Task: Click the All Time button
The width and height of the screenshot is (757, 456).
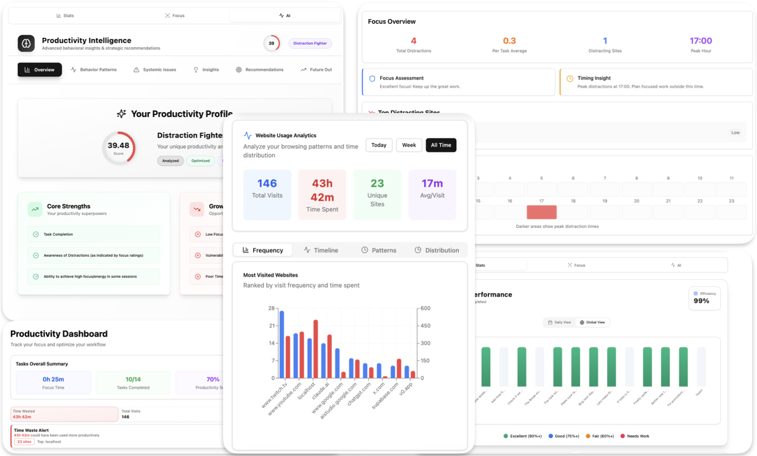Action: (441, 145)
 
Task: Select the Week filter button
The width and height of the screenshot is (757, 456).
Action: (409, 145)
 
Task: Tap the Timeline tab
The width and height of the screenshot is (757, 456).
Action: (321, 250)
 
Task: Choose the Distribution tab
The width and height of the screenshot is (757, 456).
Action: (437, 250)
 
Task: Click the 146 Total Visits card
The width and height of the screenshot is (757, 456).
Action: (267, 194)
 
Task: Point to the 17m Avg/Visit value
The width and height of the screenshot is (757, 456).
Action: (432, 183)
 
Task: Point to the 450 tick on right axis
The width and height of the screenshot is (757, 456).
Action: (426, 326)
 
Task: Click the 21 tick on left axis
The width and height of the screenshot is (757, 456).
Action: (272, 326)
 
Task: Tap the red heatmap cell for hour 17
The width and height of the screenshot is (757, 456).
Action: (541, 212)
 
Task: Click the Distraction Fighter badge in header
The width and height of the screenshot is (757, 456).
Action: (310, 43)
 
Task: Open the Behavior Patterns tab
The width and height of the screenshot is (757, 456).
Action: (94, 70)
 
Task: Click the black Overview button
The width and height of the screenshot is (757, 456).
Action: (40, 70)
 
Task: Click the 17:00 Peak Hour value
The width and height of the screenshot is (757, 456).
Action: (700, 41)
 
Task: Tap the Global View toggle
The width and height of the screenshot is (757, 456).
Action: (592, 322)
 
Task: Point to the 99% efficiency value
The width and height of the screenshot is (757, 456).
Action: (701, 301)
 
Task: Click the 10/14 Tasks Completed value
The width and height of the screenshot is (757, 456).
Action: (133, 379)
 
